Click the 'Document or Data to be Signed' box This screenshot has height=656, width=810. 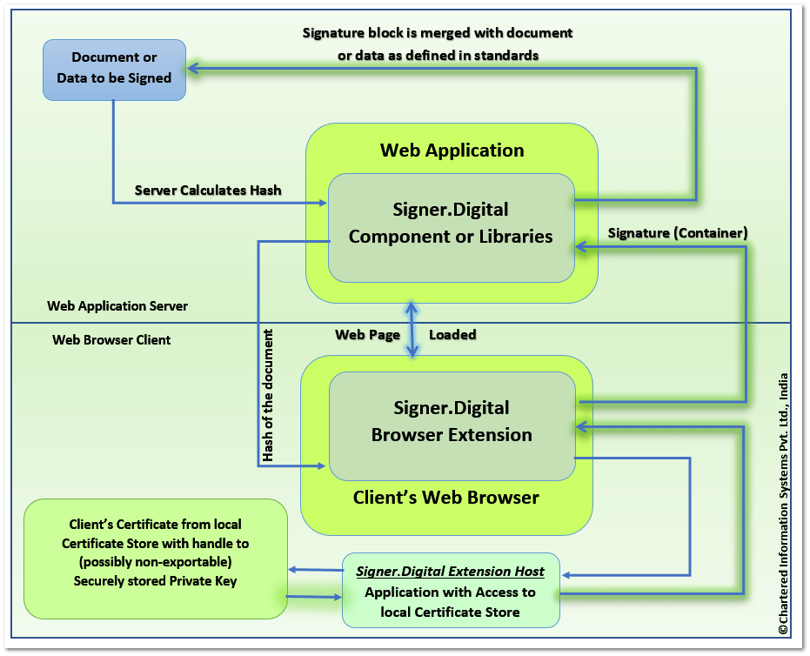pyautogui.click(x=115, y=69)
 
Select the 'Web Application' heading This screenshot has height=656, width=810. pyautogui.click(x=452, y=150)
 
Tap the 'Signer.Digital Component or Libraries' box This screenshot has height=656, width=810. pyautogui.click(x=451, y=224)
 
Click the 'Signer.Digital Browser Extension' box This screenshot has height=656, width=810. pyautogui.click(x=452, y=422)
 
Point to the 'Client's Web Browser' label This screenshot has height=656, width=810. pyautogui.click(x=445, y=499)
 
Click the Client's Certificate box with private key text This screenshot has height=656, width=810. pyautogui.click(x=156, y=558)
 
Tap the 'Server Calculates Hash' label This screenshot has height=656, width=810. pyautogui.click(x=208, y=190)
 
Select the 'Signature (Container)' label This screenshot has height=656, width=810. pyautogui.click(x=678, y=232)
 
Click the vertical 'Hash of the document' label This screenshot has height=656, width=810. pyautogui.click(x=268, y=395)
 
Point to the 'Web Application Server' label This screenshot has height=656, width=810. pyautogui.click(x=117, y=306)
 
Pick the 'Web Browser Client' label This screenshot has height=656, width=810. pyautogui.click(x=111, y=339)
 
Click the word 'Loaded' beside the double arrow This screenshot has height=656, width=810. pyautogui.click(x=452, y=334)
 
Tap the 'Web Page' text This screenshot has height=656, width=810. pyautogui.click(x=368, y=334)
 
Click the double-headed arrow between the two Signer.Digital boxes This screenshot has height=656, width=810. pyautogui.click(x=412, y=329)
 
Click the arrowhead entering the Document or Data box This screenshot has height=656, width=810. pyautogui.click(x=192, y=69)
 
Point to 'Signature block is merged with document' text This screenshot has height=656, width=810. pyautogui.click(x=438, y=33)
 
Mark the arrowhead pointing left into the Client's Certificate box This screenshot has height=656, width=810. pyautogui.click(x=292, y=569)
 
